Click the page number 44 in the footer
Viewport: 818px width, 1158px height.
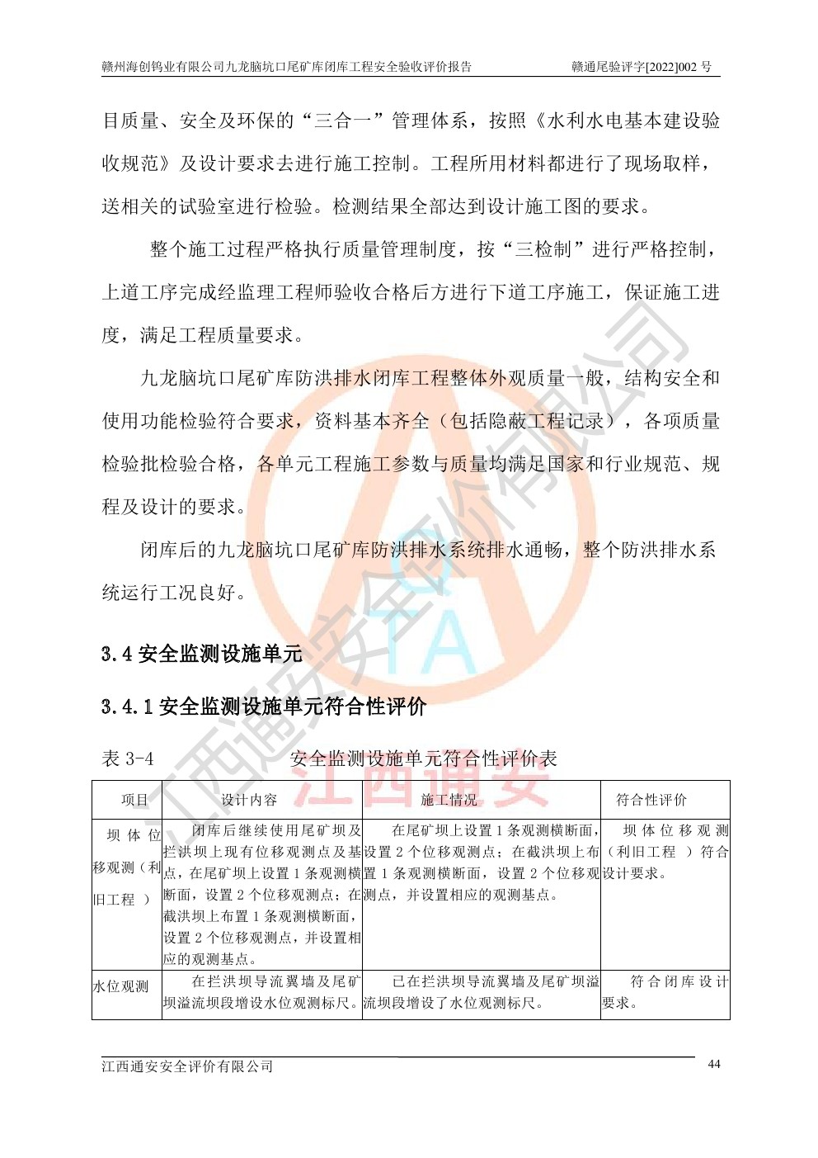point(713,1064)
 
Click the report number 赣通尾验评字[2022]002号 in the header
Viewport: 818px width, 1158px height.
point(642,67)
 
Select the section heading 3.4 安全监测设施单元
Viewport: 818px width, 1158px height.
point(202,655)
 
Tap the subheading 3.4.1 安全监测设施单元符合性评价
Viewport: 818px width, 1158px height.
point(264,707)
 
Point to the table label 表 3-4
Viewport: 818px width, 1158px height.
point(127,759)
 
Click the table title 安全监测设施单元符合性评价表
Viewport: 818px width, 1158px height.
point(424,759)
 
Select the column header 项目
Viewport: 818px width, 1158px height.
point(134,800)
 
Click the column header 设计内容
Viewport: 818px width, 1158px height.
point(249,800)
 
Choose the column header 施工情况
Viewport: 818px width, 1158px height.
point(449,800)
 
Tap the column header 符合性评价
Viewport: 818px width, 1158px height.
point(651,800)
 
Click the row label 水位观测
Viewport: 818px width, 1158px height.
point(120,987)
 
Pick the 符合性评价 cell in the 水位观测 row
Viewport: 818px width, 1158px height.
point(665,992)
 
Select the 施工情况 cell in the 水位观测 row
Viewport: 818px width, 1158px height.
point(482,992)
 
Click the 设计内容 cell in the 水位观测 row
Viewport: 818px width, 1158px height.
point(261,992)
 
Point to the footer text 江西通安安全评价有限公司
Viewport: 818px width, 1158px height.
point(187,1066)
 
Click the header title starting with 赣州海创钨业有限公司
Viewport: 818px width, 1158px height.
point(286,67)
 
